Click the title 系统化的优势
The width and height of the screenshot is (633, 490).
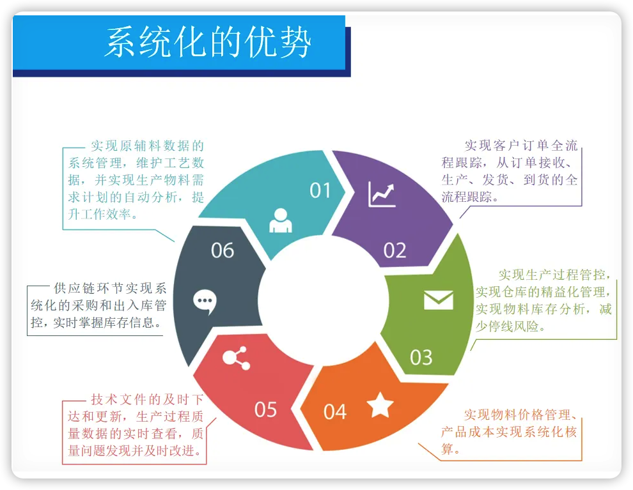(x=208, y=43)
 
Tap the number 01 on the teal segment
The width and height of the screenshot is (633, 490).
(x=320, y=190)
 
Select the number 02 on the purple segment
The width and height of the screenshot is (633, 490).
(x=395, y=250)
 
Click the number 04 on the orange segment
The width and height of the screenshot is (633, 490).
(x=334, y=411)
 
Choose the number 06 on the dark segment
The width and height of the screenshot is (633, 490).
(x=223, y=250)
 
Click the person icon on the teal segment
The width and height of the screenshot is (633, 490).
(x=280, y=220)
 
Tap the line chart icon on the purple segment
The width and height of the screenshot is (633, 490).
(x=382, y=194)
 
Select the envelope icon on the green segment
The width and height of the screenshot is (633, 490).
(x=438, y=300)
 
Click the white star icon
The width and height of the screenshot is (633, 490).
(x=380, y=405)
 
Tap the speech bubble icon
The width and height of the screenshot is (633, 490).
(x=205, y=301)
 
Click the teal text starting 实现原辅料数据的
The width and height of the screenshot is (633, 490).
(x=136, y=180)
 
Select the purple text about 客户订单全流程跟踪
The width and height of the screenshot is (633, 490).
(x=510, y=171)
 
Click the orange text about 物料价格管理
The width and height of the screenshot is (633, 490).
(x=509, y=431)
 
